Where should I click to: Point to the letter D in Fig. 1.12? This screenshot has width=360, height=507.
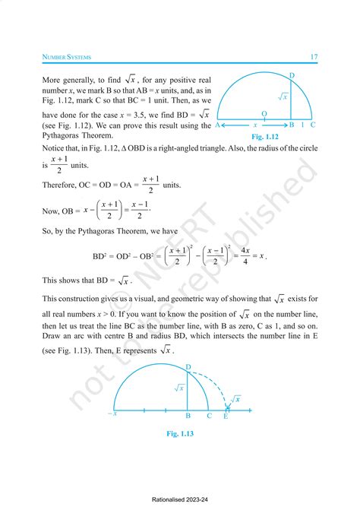(292, 74)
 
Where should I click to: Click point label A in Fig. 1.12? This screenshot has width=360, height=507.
(218, 125)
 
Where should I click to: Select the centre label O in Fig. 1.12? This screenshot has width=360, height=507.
(264, 112)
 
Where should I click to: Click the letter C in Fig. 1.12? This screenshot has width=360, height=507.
(313, 125)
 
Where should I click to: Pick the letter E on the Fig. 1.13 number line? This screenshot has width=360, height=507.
(226, 417)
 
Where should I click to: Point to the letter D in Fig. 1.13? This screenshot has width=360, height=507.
(188, 368)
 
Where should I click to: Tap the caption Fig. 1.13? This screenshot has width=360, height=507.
(183, 434)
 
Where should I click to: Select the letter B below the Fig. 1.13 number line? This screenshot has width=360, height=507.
(188, 417)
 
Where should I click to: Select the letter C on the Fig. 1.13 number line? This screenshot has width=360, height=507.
(210, 417)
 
